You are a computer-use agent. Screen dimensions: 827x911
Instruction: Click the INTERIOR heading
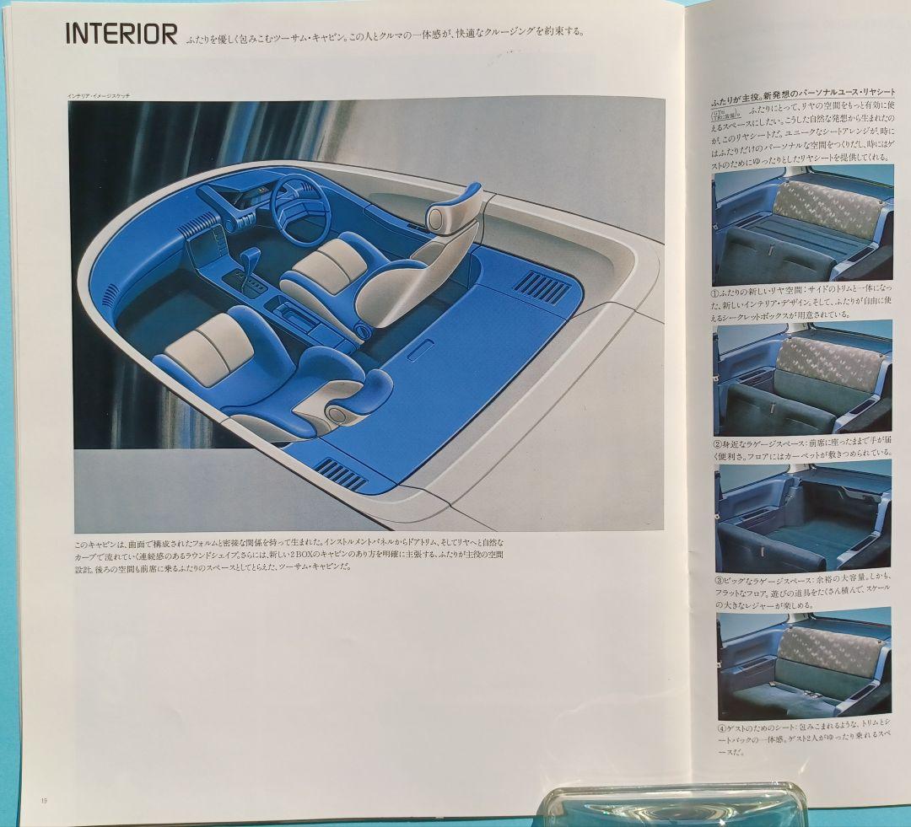(121, 35)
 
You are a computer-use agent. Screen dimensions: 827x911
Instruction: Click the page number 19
(43, 799)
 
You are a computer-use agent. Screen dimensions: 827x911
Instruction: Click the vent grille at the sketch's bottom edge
(342, 475)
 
